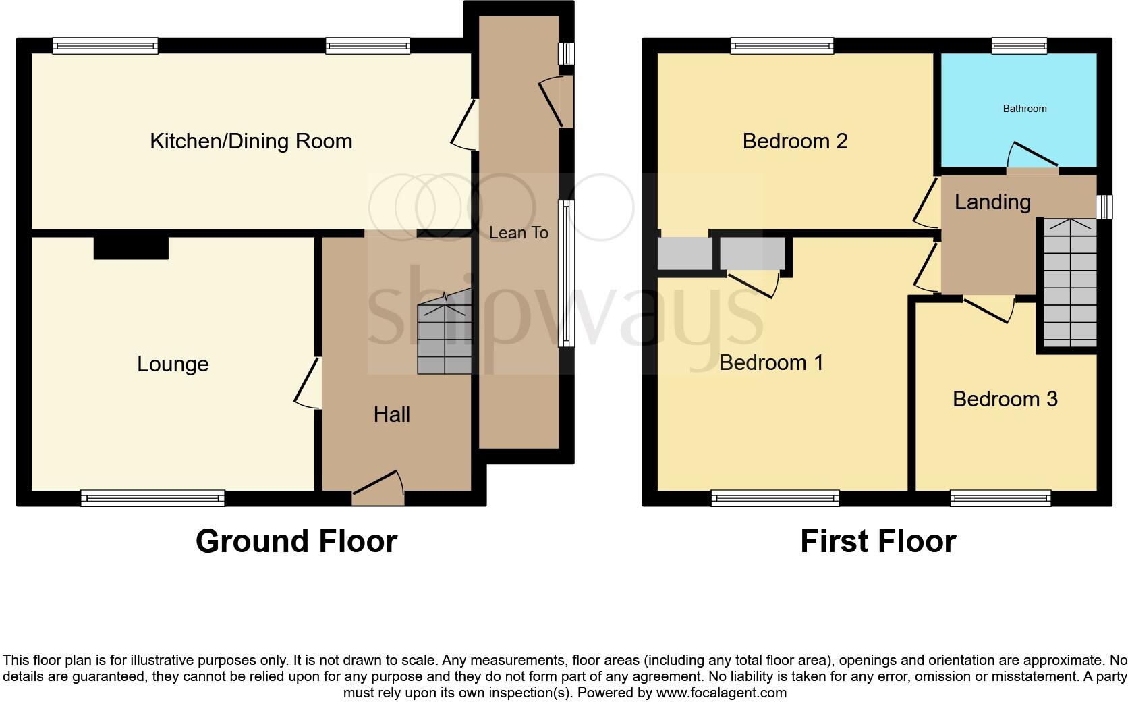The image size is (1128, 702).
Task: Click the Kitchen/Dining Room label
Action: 251,142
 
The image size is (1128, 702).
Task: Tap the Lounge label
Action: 173,364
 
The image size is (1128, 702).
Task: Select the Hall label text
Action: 392,414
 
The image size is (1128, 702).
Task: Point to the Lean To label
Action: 519,232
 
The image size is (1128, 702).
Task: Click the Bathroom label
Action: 1025,109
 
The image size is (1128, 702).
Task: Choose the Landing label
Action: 992,202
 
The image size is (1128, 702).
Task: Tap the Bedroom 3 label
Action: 1005,399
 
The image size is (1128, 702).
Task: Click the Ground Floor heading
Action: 297,541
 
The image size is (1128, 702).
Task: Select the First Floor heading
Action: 878,541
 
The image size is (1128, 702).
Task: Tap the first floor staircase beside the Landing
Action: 1070,283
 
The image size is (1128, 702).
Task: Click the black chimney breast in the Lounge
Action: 131,248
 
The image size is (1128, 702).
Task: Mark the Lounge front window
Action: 152,498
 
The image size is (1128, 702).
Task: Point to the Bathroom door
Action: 1032,156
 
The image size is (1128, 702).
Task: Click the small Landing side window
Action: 1104,207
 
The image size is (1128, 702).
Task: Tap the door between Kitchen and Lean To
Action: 464,124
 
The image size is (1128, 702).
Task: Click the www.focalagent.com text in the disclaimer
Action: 721,693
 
